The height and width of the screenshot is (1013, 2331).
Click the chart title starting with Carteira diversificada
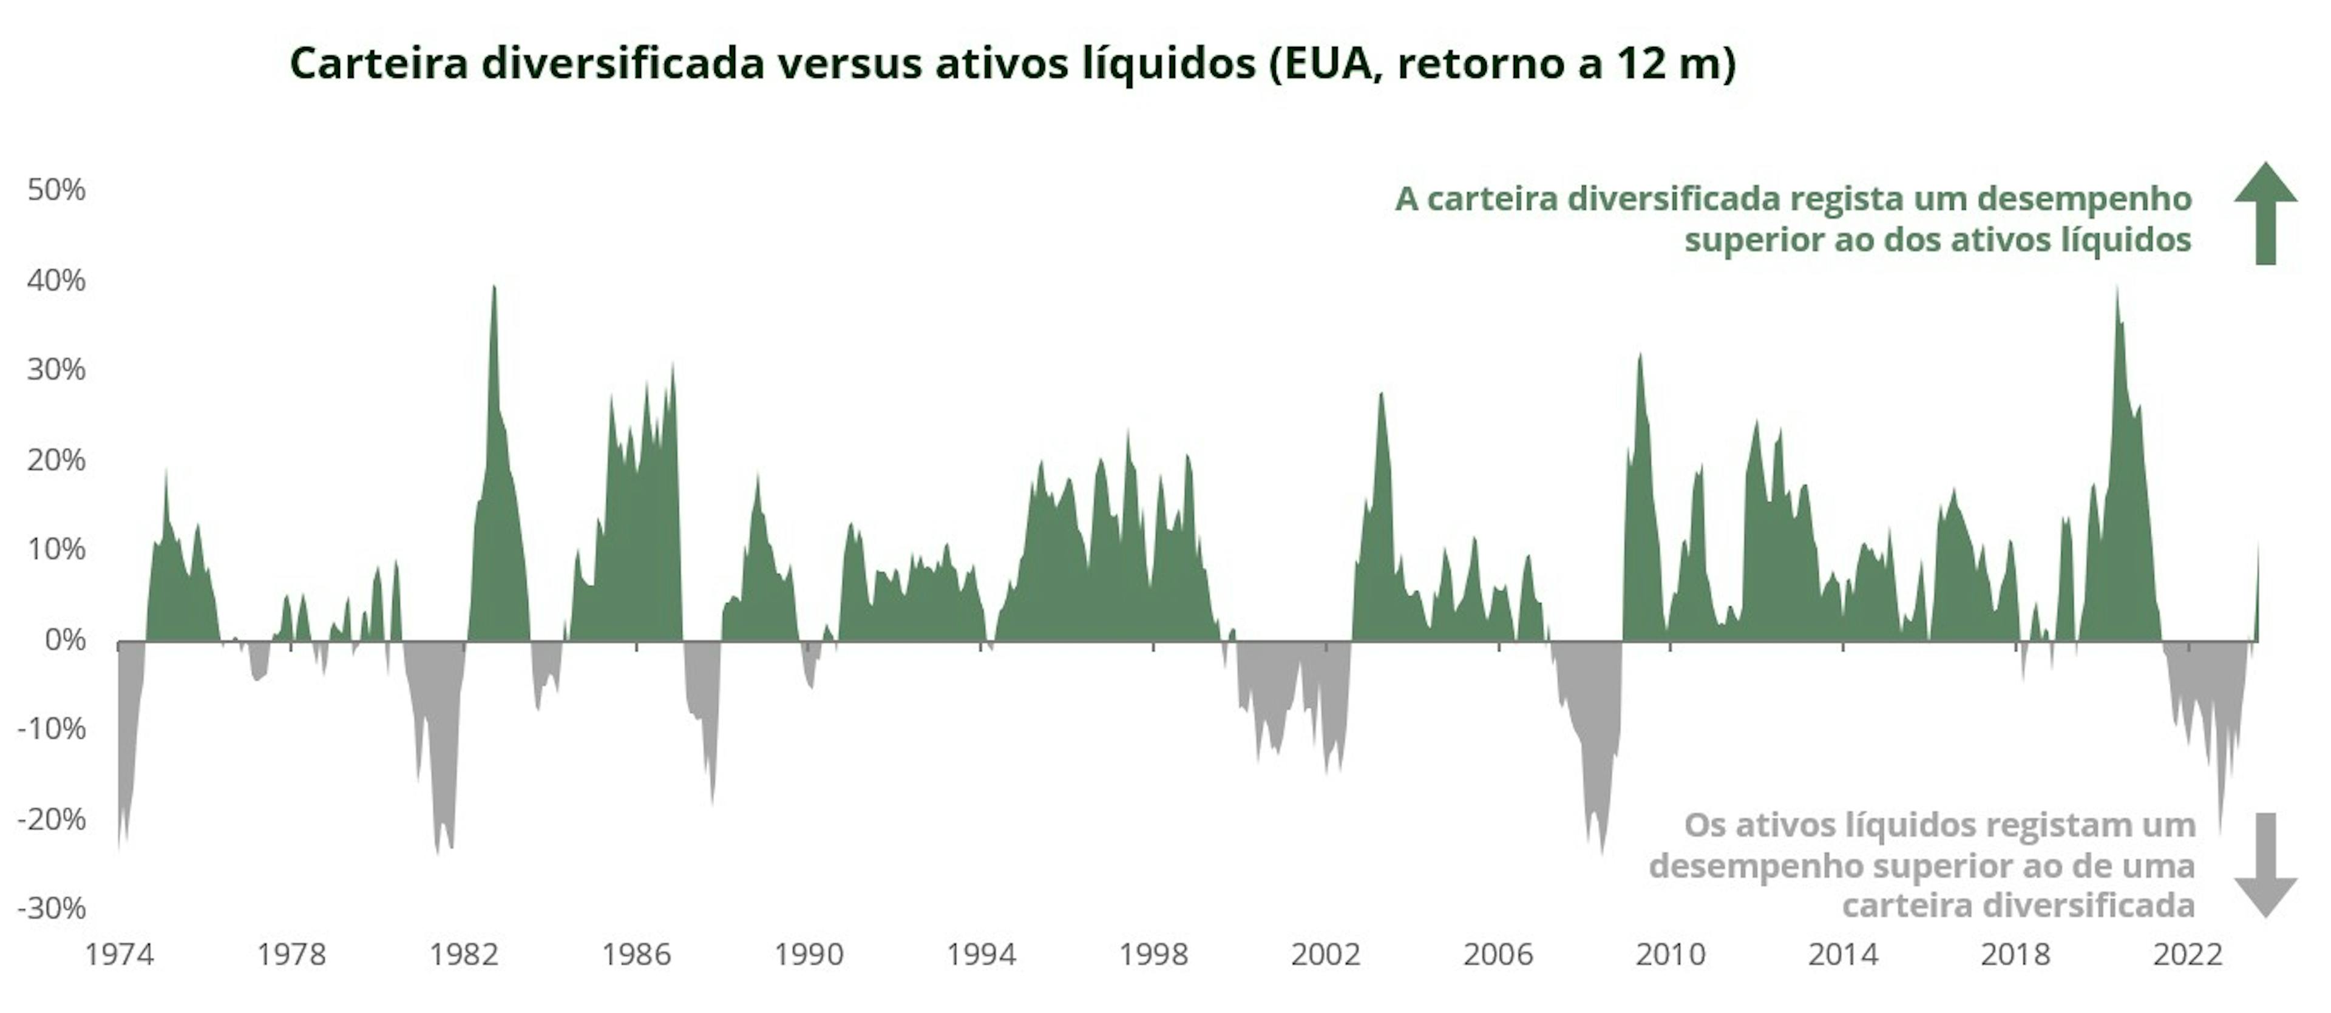tap(1012, 63)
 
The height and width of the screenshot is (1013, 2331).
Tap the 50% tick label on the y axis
tap(56, 190)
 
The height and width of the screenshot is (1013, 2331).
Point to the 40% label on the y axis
tap(56, 280)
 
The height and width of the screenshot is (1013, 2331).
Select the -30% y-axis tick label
tap(52, 908)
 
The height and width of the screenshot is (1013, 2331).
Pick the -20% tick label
tap(52, 819)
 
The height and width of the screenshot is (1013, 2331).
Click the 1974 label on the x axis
tap(120, 954)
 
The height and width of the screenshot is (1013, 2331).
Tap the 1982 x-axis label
tap(464, 954)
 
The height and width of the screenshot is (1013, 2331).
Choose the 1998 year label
tap(1154, 954)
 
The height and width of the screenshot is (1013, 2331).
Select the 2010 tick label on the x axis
tap(1671, 954)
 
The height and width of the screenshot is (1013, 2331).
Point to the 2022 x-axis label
tap(2187, 954)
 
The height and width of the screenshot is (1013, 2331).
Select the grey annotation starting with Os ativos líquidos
tap(1922, 865)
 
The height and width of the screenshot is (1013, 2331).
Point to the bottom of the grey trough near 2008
tap(1602, 853)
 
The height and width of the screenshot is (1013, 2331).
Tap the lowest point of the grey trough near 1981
tap(438, 853)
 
